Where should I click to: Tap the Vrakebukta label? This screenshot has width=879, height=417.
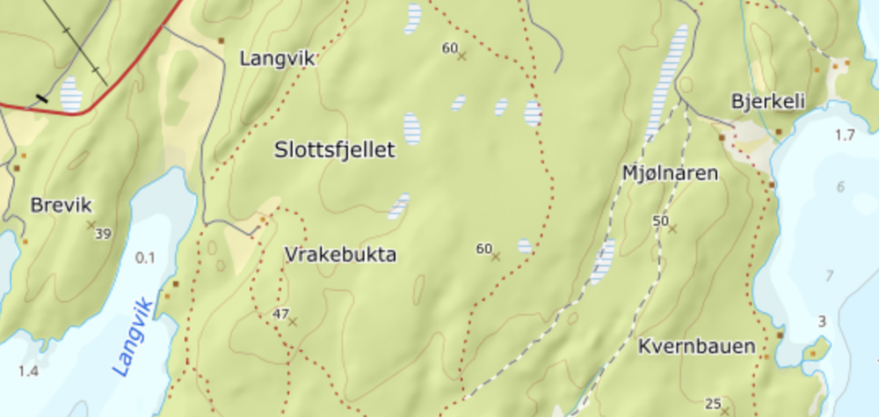coord(340,255)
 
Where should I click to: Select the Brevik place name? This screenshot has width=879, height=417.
coord(61,206)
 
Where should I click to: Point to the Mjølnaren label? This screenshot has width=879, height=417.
coord(670,173)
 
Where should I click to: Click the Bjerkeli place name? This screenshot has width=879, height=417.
coord(768,102)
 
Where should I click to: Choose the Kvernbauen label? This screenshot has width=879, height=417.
coord(697,347)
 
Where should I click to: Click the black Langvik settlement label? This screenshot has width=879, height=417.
coord(277,59)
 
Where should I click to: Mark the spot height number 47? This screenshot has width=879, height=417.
coord(281,313)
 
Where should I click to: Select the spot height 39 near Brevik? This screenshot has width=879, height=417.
coord(103,233)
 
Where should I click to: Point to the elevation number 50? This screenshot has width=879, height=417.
coord(661,220)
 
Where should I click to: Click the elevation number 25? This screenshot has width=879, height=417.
coord(713,404)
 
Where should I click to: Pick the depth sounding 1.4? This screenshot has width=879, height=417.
coord(28,371)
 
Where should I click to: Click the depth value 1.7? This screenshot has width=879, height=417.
coord(845,135)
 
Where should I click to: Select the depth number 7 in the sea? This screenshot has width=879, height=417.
coord(828,276)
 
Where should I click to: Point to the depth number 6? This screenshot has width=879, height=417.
coord(840,187)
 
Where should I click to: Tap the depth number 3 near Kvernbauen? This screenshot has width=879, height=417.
coord(822,322)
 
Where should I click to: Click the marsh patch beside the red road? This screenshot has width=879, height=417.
coord(70,93)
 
